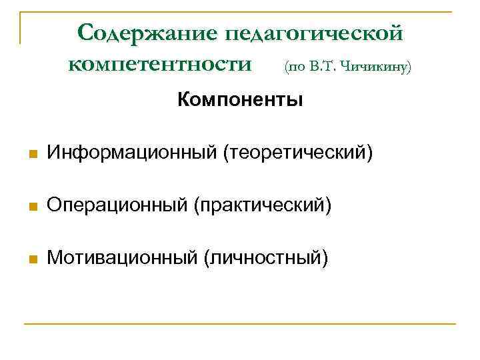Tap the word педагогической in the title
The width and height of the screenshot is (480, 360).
(x=315, y=33)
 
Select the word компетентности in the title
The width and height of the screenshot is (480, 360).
(x=161, y=65)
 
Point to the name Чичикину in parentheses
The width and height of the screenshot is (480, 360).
(x=376, y=66)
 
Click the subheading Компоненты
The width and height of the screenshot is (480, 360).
(x=240, y=101)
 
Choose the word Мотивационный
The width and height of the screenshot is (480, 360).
(x=123, y=255)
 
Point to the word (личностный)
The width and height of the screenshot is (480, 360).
(x=266, y=255)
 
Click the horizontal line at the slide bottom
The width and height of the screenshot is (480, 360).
(x=240, y=324)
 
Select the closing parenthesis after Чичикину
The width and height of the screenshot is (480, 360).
(x=409, y=67)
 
